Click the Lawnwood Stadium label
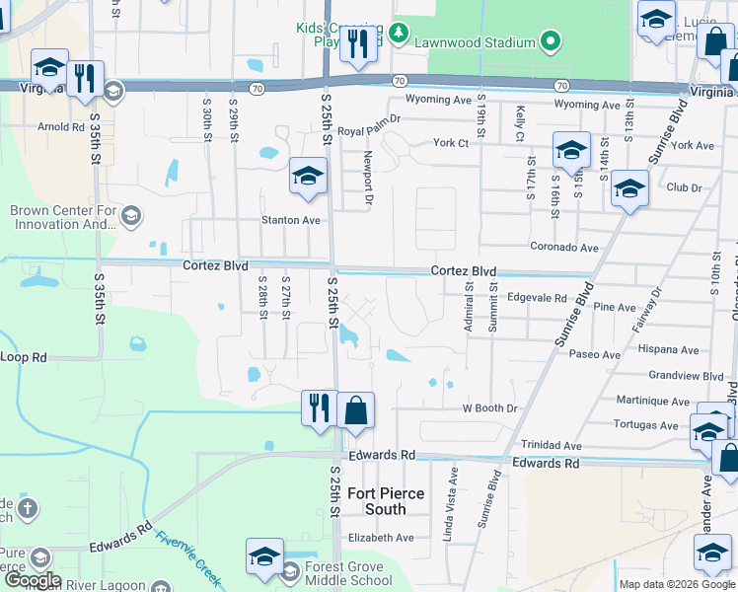tap(474, 41)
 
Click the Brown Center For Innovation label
tap(63, 217)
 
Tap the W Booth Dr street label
tap(489, 408)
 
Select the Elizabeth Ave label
tap(381, 538)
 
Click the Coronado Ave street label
tap(564, 248)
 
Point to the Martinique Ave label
tap(653, 402)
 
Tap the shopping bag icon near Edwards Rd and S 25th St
tap(355, 409)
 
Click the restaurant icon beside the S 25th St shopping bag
tap(319, 406)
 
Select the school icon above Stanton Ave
tap(308, 178)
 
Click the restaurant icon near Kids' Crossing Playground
tap(357, 42)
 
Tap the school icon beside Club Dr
tap(628, 188)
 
